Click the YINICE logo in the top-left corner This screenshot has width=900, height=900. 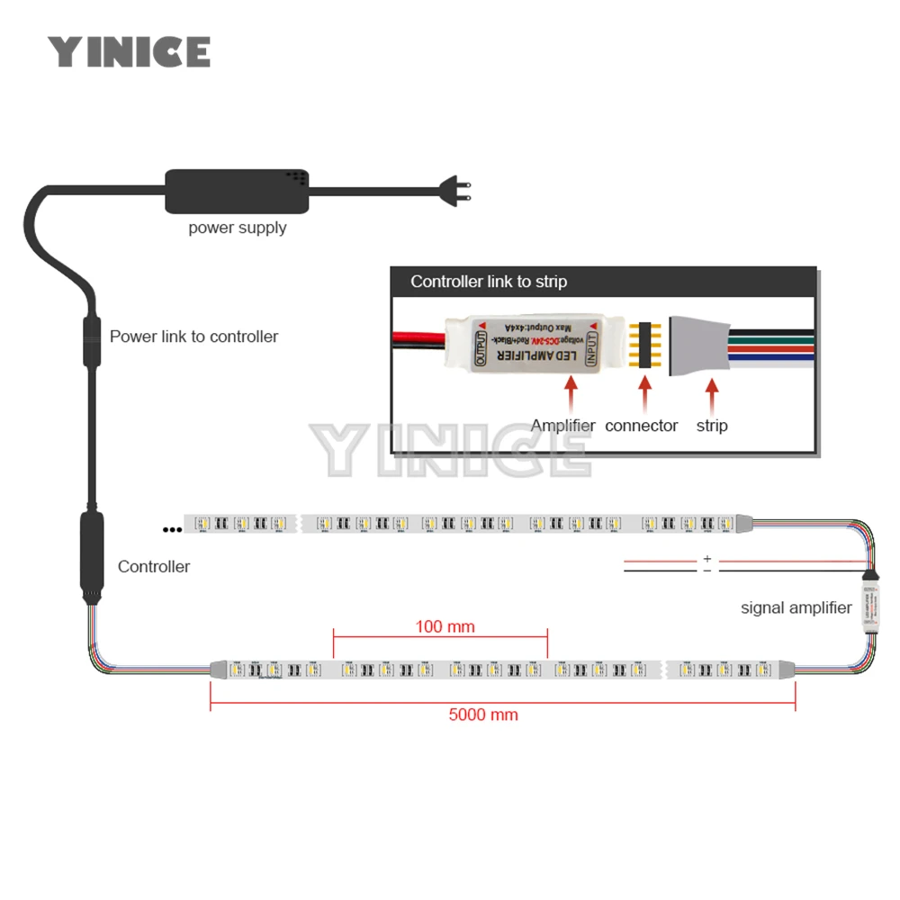pyautogui.click(x=129, y=51)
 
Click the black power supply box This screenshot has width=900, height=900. pyautogui.click(x=237, y=190)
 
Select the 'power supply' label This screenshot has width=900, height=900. pyautogui.click(x=238, y=228)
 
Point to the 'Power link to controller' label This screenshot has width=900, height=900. pyautogui.click(x=193, y=337)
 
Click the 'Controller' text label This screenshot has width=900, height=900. pyautogui.click(x=154, y=567)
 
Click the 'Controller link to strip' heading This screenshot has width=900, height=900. pyautogui.click(x=489, y=282)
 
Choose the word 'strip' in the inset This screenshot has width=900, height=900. pyautogui.click(x=712, y=426)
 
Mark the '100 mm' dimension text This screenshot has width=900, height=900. pyautogui.click(x=445, y=626)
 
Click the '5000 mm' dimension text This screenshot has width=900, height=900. pyautogui.click(x=483, y=715)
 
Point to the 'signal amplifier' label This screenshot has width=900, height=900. pyautogui.click(x=796, y=607)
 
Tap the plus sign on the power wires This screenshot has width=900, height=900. pyautogui.click(x=707, y=559)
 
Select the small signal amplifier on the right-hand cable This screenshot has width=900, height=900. pyautogui.click(x=870, y=601)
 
